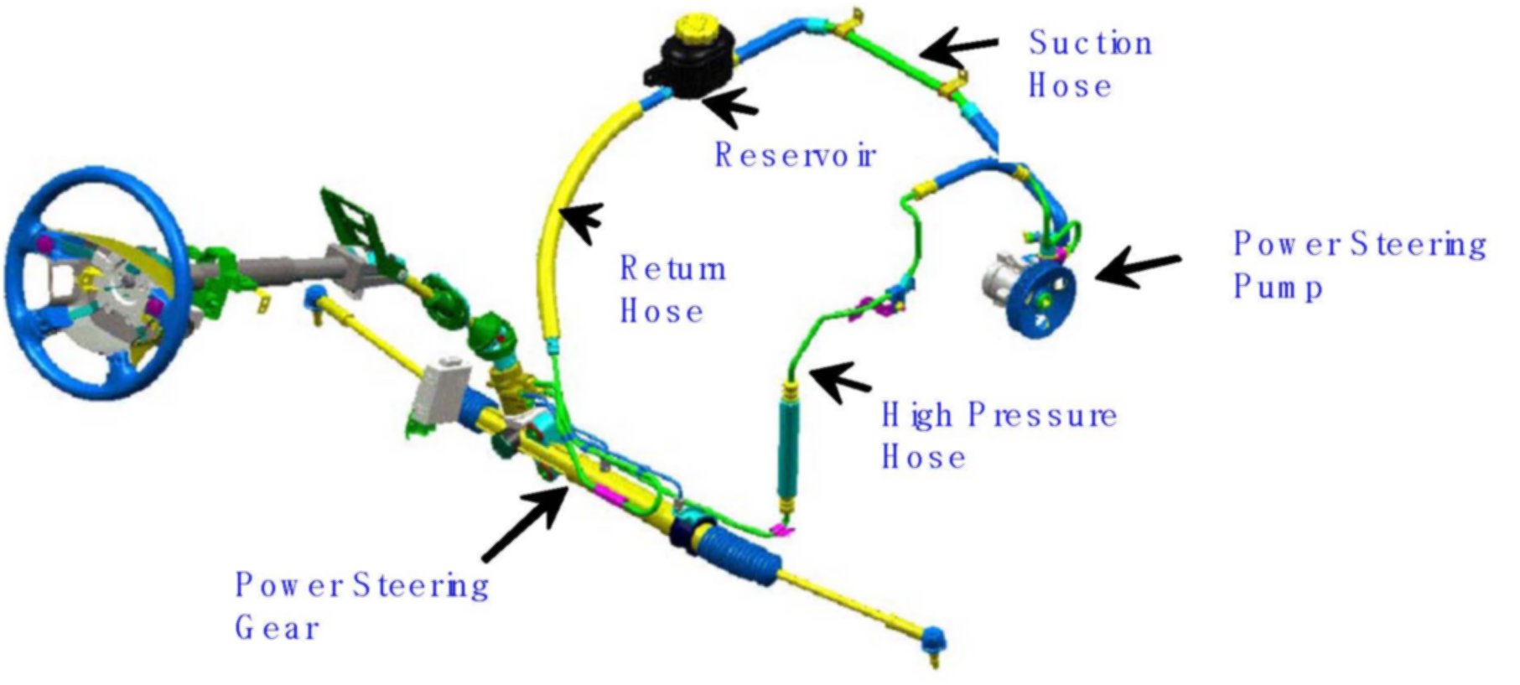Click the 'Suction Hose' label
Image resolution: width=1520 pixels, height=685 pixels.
(x=1088, y=65)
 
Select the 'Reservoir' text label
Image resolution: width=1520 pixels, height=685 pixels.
(x=794, y=155)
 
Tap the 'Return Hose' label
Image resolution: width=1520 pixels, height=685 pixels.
(x=672, y=289)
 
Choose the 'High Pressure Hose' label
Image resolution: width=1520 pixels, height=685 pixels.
(x=998, y=436)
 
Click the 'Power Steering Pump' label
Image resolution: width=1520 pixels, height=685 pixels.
(x=1358, y=264)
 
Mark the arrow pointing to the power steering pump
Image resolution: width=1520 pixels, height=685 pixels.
(x=1136, y=266)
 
